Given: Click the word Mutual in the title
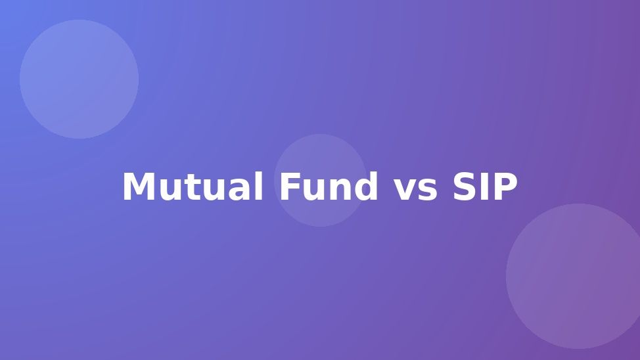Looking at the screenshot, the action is (193, 187).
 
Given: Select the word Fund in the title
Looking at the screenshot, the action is (329, 187).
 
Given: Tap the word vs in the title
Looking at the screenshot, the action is (415, 190).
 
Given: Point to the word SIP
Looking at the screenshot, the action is (486, 187).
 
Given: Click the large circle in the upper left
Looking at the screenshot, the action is (80, 79).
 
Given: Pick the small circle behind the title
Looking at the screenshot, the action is (321, 181).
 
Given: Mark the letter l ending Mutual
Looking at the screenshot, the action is (259, 186).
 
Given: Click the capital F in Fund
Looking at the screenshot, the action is (290, 187).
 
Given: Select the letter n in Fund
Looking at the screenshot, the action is (340, 190).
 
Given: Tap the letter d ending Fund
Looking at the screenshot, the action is (366, 187).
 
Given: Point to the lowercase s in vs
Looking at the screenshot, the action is (428, 190).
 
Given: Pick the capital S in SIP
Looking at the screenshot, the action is (466, 187).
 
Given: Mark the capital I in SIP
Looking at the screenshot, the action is (488, 187).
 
